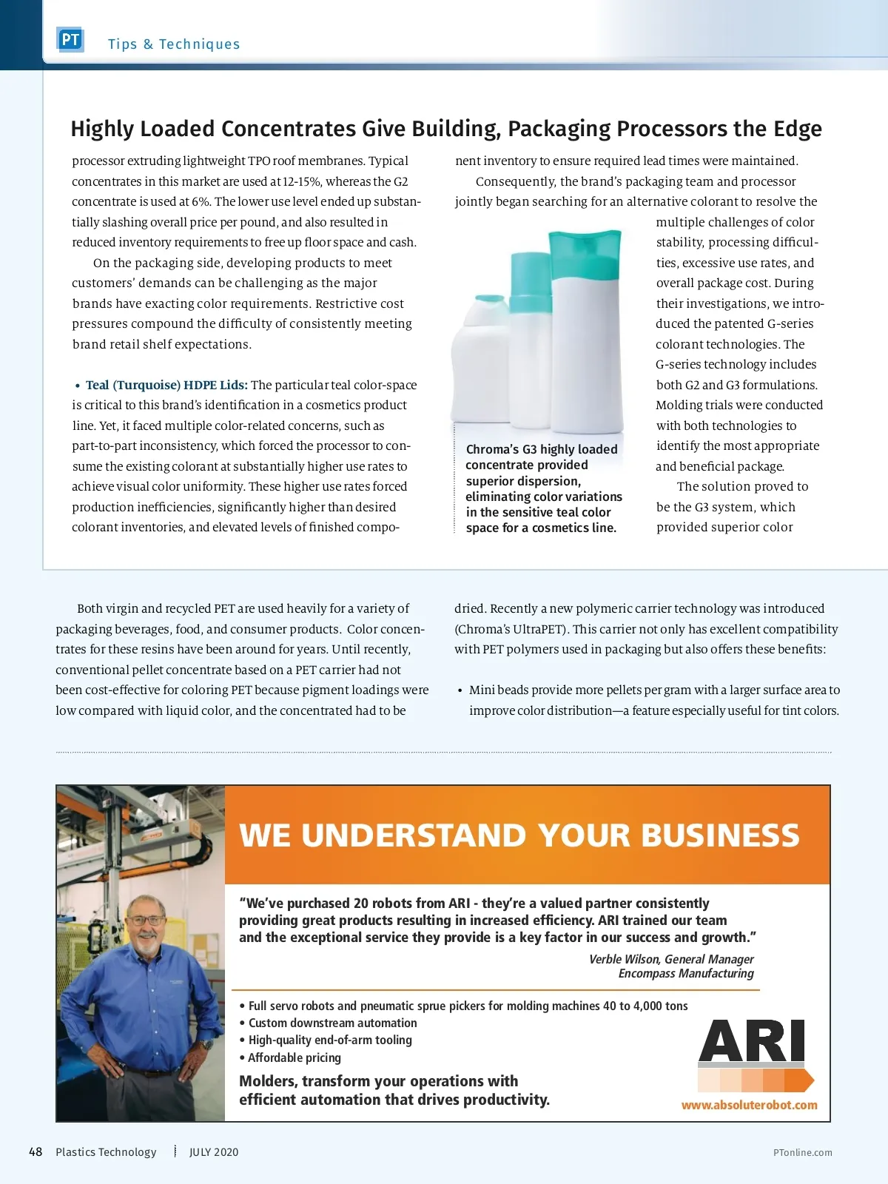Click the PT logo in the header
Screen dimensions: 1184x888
click(x=70, y=40)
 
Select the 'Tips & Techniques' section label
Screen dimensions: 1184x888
click(x=174, y=44)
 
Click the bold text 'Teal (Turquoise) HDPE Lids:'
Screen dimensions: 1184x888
click(x=166, y=385)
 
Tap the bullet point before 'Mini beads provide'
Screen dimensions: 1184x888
click(x=460, y=690)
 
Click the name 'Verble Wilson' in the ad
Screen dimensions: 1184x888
click(x=623, y=959)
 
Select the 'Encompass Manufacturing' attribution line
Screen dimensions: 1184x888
click(x=686, y=974)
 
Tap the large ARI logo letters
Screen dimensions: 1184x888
click(x=751, y=1041)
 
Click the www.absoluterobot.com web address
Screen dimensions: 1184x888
click(x=749, y=1105)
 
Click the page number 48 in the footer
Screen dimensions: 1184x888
click(x=36, y=1152)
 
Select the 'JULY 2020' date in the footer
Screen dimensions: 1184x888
click(x=214, y=1152)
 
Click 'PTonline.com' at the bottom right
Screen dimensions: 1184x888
click(x=802, y=1153)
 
